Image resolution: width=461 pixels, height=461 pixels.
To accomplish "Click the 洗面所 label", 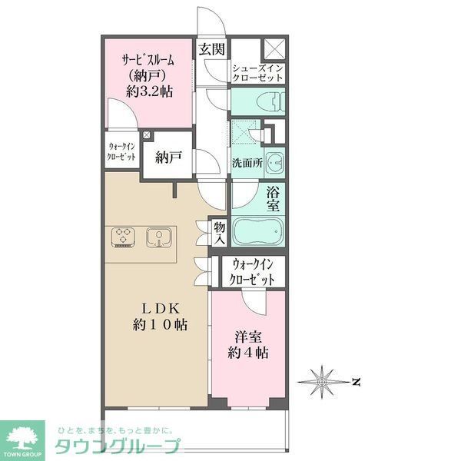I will click(x=247, y=163).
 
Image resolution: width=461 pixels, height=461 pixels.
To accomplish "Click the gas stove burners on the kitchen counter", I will click(x=123, y=237).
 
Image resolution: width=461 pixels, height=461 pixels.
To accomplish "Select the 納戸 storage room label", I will click(x=167, y=158).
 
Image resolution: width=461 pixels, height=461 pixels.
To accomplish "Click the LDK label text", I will click(x=159, y=308).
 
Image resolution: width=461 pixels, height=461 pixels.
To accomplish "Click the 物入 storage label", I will click(x=219, y=232).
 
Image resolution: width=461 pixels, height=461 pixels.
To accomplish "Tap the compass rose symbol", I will click(x=323, y=381).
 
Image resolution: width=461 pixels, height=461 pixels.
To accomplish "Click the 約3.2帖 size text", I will click(x=149, y=91).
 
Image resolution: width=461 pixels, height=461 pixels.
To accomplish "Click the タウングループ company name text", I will click(x=116, y=447).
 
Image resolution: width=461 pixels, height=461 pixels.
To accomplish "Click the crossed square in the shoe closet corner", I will click(x=274, y=48).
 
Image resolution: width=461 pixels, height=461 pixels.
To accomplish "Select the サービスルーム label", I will click(x=149, y=60).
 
